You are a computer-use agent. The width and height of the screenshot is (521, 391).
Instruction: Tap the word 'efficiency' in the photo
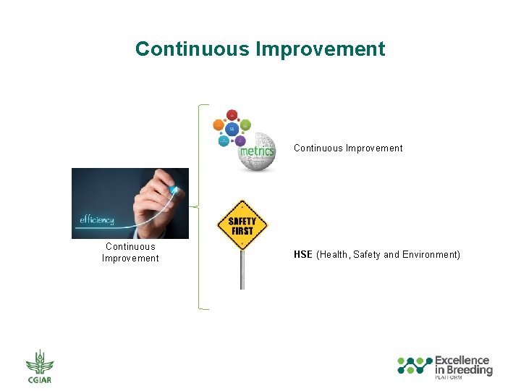tap(97, 220)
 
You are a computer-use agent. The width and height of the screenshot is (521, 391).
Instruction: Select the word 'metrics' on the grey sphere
tap(257, 151)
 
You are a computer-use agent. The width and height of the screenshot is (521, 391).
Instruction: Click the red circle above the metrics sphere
tap(232, 115)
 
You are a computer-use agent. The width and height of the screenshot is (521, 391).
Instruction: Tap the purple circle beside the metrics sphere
tap(241, 140)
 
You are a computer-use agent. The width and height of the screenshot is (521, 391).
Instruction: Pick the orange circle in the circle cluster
tap(219, 125)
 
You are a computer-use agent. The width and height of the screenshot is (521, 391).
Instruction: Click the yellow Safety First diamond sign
tap(242, 225)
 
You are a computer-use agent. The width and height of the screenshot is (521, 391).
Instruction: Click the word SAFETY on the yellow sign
tap(242, 221)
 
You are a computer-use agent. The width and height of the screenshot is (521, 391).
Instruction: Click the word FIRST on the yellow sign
tap(242, 231)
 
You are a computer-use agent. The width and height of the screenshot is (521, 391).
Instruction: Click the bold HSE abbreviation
tap(302, 255)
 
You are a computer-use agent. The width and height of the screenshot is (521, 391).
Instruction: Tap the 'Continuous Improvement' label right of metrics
tap(348, 148)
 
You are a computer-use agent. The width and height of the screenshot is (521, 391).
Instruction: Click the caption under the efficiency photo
tap(130, 253)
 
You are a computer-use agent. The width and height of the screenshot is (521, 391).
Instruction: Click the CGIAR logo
tap(40, 366)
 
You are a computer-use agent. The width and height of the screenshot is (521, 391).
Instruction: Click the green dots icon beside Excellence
tap(415, 365)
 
